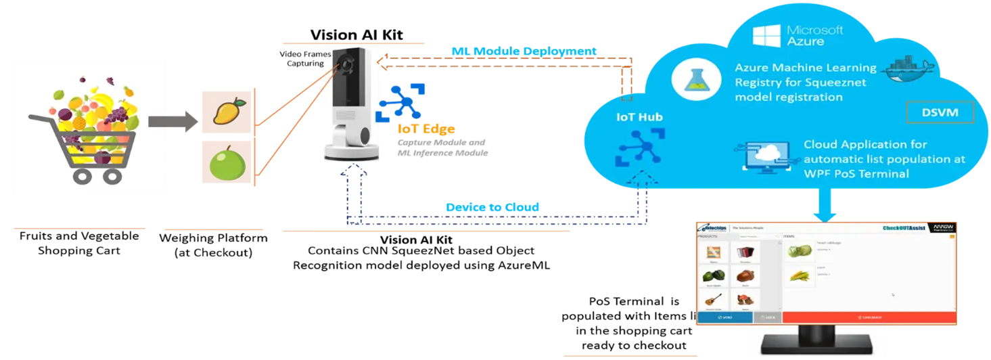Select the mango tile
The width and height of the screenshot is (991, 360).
(226, 111)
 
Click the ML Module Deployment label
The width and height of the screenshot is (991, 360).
(524, 51)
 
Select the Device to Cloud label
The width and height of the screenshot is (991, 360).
(492, 207)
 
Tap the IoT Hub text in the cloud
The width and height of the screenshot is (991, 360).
(639, 116)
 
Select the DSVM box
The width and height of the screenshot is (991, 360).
(940, 112)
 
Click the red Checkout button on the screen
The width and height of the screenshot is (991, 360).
(869, 316)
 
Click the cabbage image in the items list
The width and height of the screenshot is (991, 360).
(800, 250)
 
